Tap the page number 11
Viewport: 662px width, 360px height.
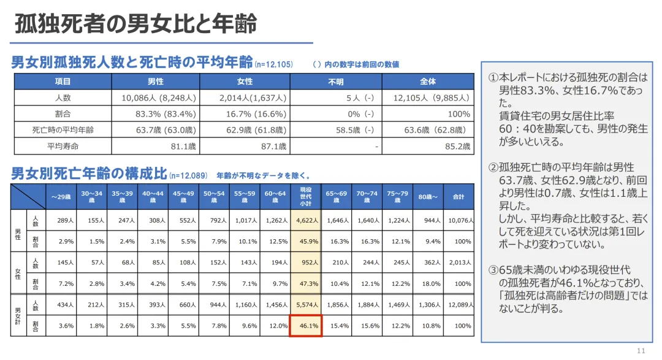coord(641,350)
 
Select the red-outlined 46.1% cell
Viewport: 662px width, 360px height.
coord(306,326)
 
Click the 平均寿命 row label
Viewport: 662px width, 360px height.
coord(63,146)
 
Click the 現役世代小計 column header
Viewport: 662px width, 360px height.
coord(305,196)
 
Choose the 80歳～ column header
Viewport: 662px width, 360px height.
coord(428,197)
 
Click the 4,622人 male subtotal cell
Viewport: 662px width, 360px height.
coord(306,220)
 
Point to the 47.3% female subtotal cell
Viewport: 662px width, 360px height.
coord(306,284)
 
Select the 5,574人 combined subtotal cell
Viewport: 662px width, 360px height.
coord(306,305)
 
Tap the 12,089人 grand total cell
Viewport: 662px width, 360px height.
coord(459,305)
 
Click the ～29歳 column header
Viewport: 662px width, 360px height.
coord(61,197)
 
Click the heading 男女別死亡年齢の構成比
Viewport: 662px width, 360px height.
coord(88,174)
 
